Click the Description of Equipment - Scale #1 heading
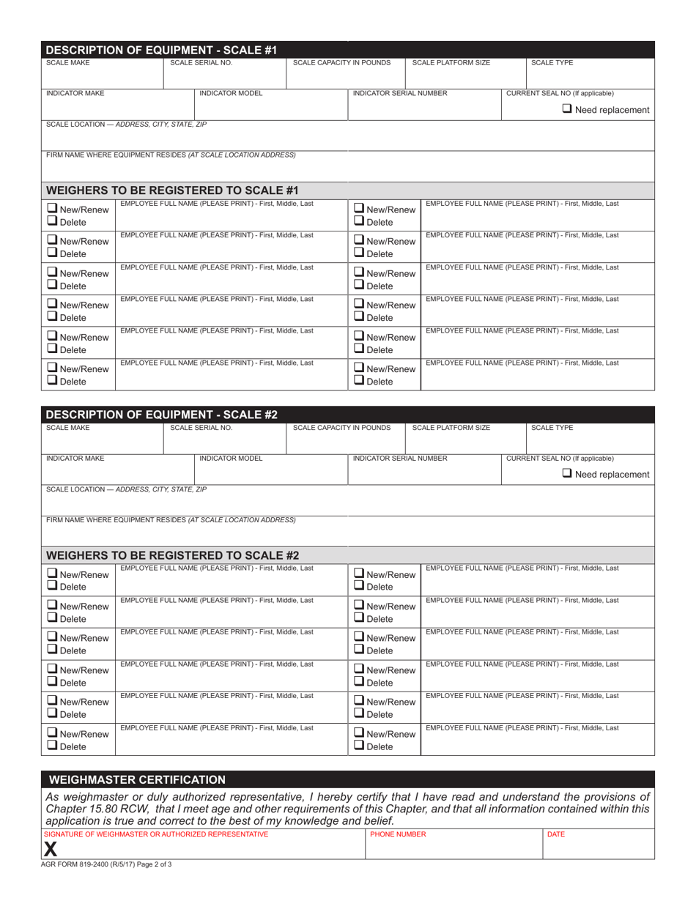click(x=161, y=51)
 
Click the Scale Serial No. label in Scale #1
click(x=201, y=63)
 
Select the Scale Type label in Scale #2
click(x=552, y=428)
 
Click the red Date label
click(x=556, y=834)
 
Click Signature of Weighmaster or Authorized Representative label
click(x=156, y=834)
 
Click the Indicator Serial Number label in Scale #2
click(x=400, y=458)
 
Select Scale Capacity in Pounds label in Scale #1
click(x=341, y=63)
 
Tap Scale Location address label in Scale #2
click(x=126, y=489)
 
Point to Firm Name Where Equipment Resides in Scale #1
click(x=171, y=155)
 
